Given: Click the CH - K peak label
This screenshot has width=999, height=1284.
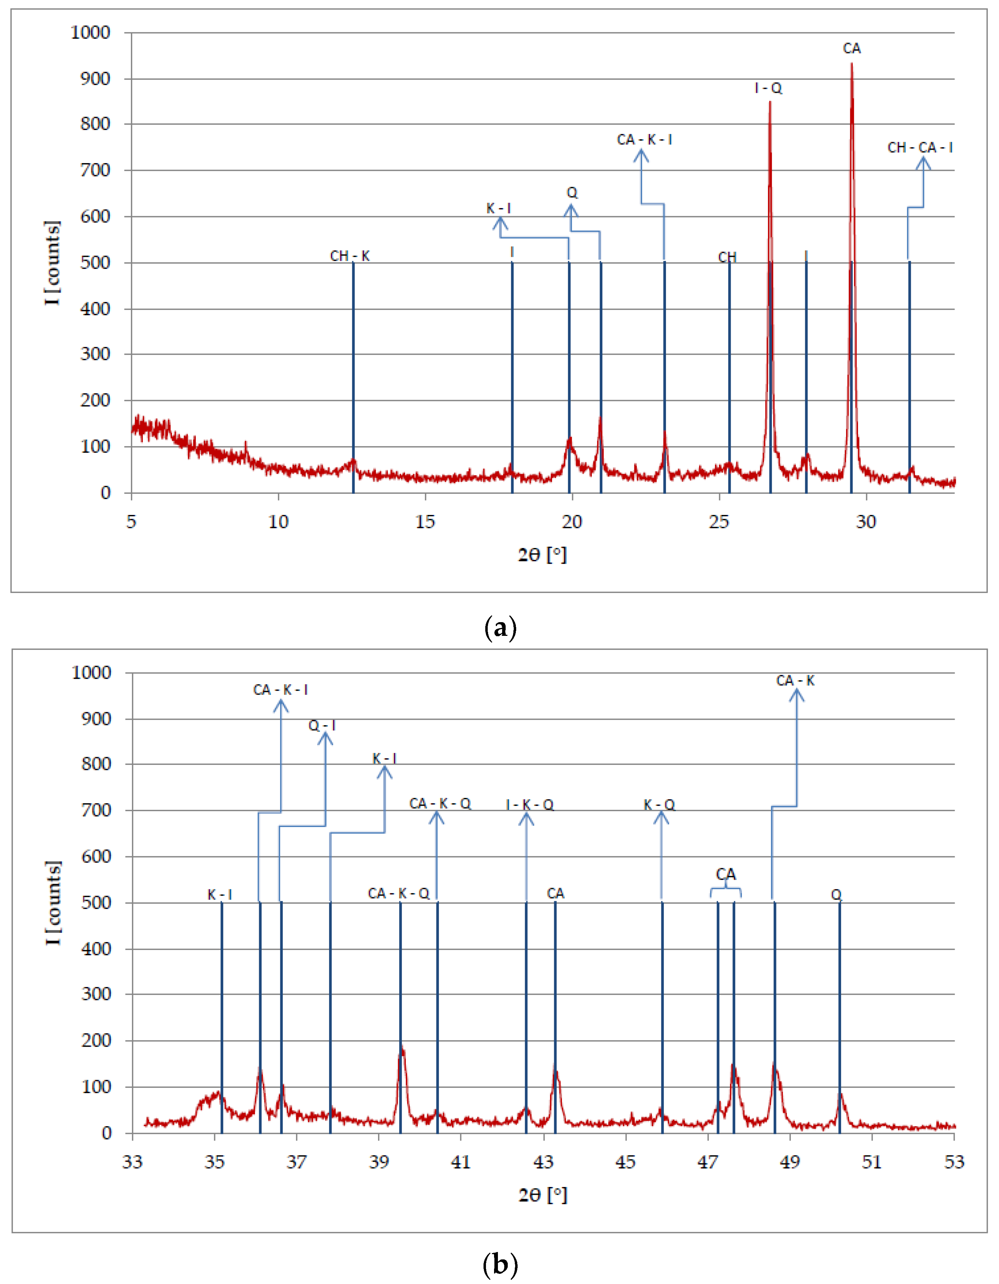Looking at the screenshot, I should (350, 256).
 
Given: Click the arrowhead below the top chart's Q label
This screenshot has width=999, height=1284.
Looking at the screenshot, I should (570, 210).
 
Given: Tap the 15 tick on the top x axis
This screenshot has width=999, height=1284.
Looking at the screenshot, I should (425, 522).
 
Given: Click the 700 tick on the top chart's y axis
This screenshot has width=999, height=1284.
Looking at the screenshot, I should (95, 170).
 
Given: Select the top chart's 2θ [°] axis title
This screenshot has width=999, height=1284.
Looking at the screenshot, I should (542, 554).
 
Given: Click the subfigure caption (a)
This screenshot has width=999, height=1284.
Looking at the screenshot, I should (500, 628).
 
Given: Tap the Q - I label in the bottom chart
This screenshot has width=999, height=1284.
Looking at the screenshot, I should (322, 725).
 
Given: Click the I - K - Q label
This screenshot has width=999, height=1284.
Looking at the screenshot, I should (530, 804).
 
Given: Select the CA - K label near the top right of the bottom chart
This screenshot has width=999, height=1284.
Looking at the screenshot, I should (795, 681).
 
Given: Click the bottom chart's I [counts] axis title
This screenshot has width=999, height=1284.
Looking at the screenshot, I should (53, 902).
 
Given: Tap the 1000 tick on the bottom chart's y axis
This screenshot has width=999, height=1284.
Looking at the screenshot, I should (92, 672).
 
